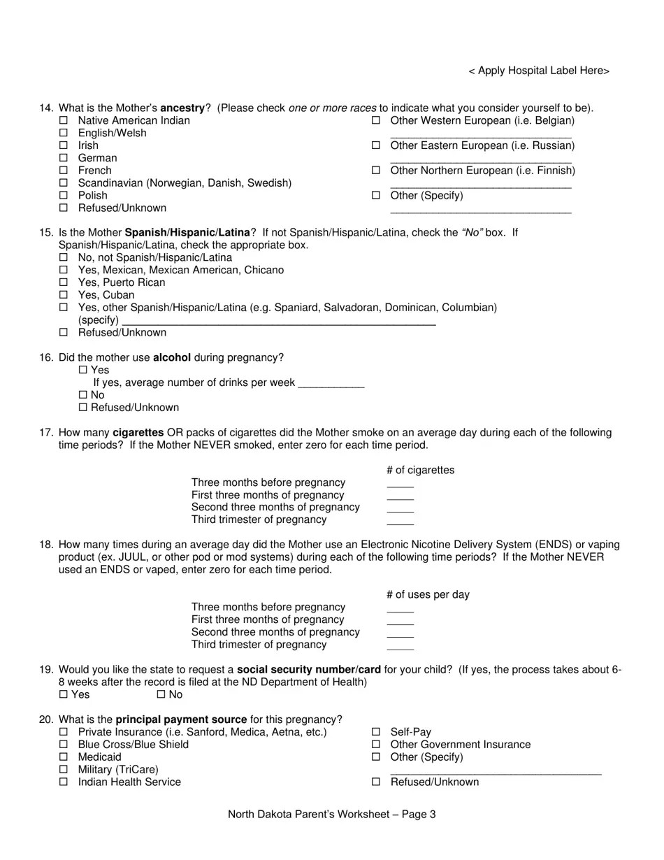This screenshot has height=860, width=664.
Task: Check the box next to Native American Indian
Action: coord(64,120)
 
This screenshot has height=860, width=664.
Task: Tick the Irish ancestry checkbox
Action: coord(64,145)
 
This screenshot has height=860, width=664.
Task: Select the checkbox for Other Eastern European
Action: coord(375,145)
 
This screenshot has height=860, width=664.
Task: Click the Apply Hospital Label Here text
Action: coord(539,71)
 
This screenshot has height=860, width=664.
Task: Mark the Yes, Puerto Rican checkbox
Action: coord(64,282)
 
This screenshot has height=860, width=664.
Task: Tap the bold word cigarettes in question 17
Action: coord(138,433)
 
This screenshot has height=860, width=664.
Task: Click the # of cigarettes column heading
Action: coord(419,470)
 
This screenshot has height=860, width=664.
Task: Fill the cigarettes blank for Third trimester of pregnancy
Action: coord(400,521)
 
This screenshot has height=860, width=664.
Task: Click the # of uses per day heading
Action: coord(428,594)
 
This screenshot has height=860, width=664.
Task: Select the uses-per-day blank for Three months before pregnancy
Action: coord(400,608)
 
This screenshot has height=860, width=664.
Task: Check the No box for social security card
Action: coord(161,694)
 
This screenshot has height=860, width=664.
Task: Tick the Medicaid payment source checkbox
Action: coord(64,757)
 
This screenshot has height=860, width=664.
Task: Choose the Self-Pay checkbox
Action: coord(375,732)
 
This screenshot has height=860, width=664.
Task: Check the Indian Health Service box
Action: coord(64,782)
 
